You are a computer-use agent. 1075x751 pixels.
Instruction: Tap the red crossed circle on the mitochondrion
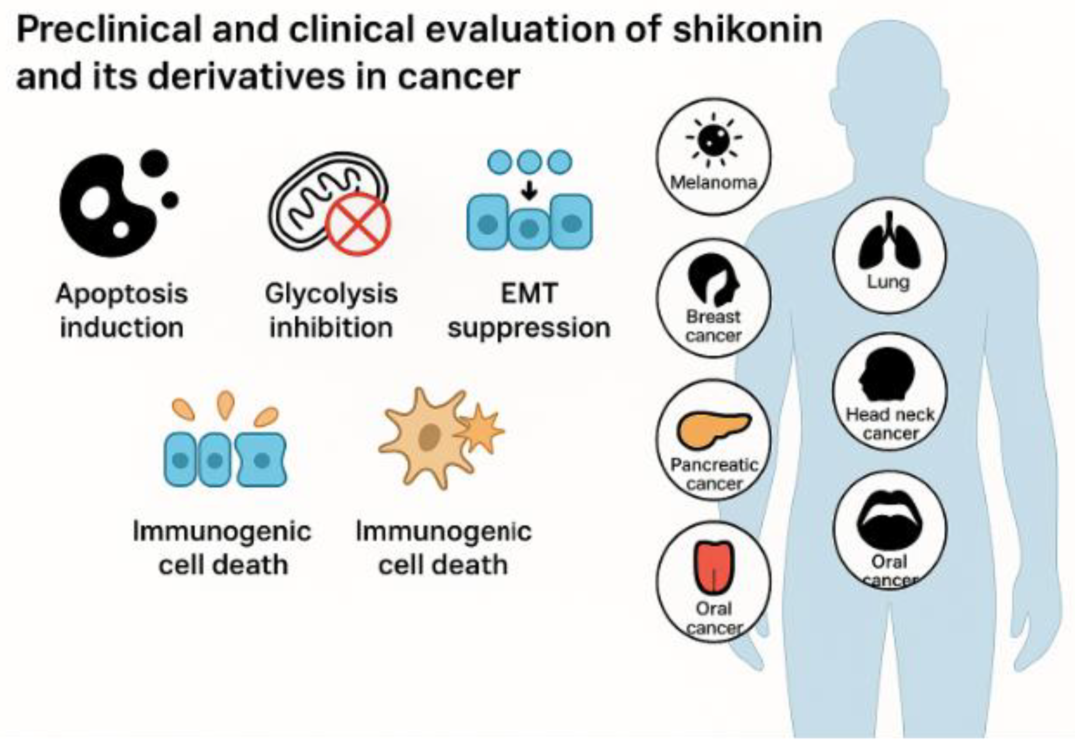point(358,224)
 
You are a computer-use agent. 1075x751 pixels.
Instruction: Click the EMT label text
point(529,294)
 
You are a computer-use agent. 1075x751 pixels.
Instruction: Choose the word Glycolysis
point(331,294)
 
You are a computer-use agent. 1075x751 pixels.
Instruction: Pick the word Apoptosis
point(122,294)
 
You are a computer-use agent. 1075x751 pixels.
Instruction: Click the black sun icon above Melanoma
point(713,139)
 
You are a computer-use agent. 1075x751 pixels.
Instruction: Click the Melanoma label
point(713,182)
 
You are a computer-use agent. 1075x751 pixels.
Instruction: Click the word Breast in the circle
point(713,317)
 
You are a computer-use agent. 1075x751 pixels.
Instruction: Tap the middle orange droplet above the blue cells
point(226,404)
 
